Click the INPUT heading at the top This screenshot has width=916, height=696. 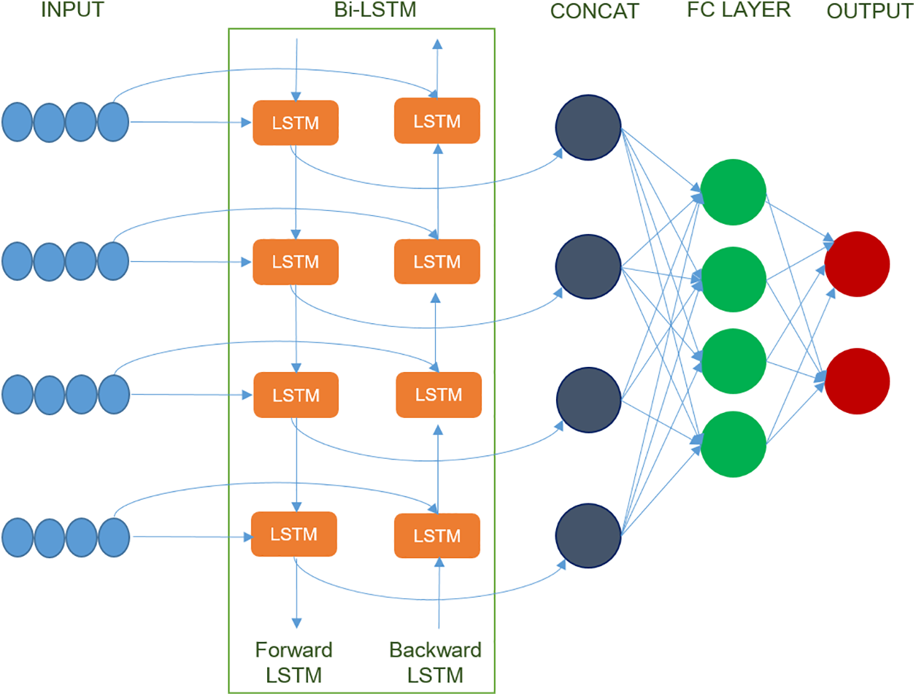[x=72, y=9]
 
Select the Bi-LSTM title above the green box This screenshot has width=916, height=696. [x=375, y=9]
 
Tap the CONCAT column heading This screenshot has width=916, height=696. [x=594, y=11]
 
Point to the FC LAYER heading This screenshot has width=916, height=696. [x=739, y=9]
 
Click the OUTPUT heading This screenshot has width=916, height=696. [x=870, y=11]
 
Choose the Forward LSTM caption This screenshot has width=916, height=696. [x=294, y=662]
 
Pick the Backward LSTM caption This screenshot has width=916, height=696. [x=435, y=662]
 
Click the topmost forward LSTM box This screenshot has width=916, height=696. [x=296, y=123]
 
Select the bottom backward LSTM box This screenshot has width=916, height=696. [x=437, y=535]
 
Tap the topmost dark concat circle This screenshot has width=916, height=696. [x=588, y=127]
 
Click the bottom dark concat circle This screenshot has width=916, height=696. [x=588, y=535]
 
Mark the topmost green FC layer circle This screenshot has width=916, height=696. [x=734, y=192]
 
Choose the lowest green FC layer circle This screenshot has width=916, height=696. [x=734, y=444]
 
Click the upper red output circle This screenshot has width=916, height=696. [x=857, y=264]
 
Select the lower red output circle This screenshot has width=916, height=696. [x=857, y=381]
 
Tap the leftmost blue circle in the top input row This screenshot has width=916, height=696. [x=17, y=122]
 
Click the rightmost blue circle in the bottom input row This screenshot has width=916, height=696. [x=114, y=537]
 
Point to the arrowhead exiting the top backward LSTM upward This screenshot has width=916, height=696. [x=437, y=44]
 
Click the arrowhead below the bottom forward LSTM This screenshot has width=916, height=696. [x=296, y=623]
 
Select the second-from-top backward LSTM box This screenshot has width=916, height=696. [x=437, y=261]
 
